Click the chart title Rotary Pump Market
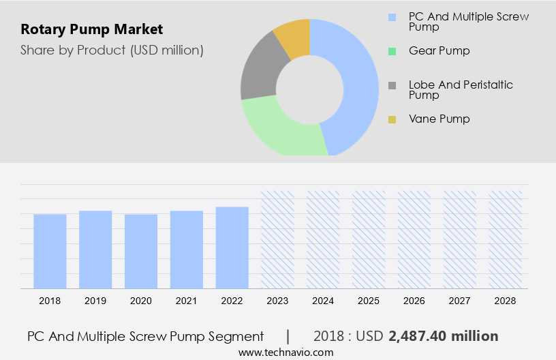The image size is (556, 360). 91,29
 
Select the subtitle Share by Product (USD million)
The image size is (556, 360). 112,50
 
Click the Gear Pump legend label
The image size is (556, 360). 439,50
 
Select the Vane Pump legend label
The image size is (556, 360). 439,119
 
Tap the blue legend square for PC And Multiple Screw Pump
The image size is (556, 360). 392,17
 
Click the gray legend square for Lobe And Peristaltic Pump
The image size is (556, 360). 392,85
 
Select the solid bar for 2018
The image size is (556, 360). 50,251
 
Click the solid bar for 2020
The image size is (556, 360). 141,251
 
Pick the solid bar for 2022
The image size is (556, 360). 232,247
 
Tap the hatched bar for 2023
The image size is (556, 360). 278,239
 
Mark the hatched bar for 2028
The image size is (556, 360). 506,239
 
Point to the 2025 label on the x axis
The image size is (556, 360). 369,300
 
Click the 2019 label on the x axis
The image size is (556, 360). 95,300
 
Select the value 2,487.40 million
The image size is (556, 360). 443,336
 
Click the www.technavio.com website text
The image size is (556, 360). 285,352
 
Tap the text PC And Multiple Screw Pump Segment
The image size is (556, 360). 145,336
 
